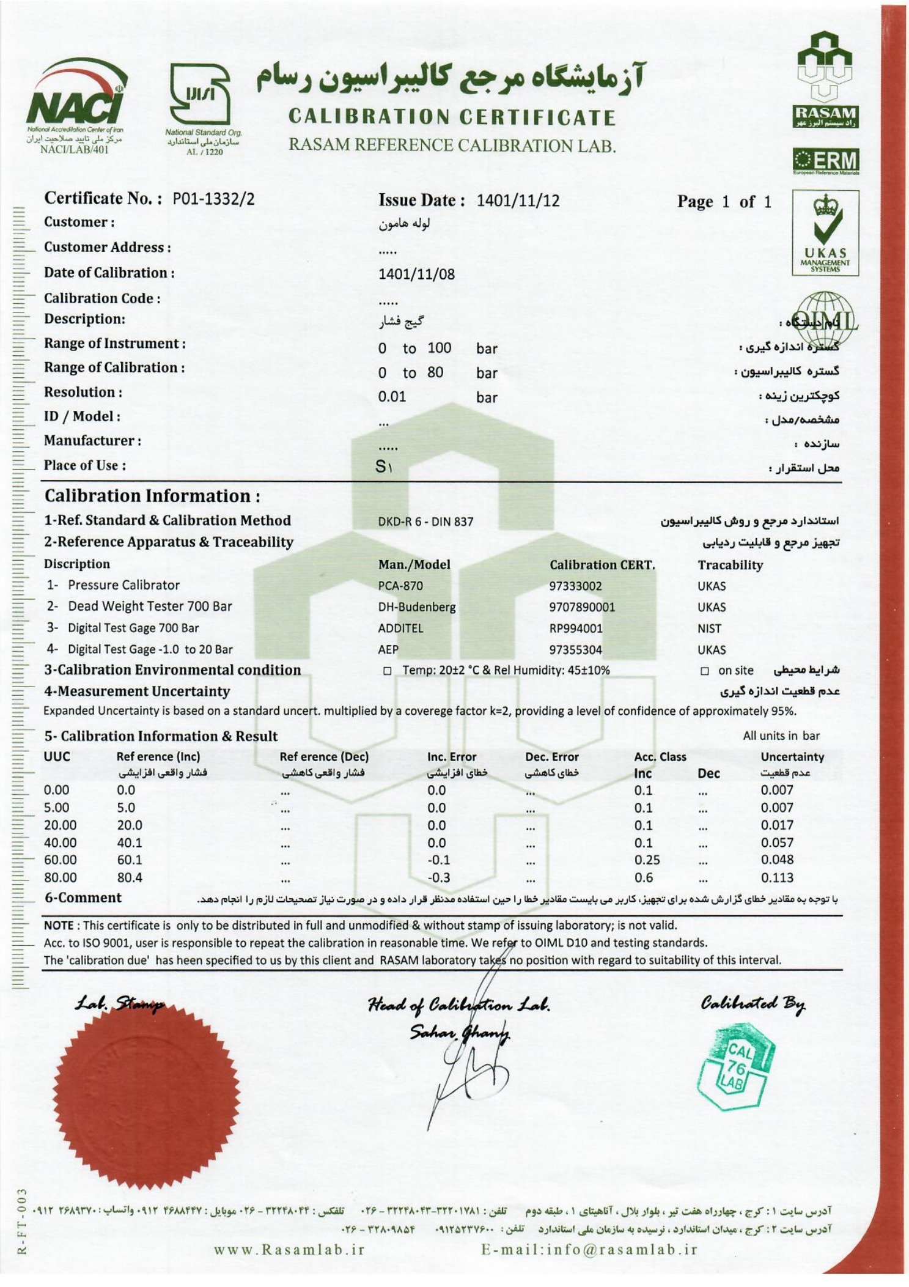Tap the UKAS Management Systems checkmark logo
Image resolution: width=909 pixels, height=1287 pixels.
[825, 232]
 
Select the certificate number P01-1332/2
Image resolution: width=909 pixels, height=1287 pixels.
[213, 199]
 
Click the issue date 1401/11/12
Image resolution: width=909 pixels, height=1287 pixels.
[518, 201]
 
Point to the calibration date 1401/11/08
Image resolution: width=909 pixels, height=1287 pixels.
[416, 274]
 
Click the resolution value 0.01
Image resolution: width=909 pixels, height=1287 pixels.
[392, 397]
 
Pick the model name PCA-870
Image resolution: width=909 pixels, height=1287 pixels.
[400, 586]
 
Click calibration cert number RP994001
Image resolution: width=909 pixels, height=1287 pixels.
[575, 629]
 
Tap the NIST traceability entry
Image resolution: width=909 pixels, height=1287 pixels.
[709, 629]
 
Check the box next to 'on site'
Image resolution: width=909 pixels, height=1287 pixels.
[704, 671]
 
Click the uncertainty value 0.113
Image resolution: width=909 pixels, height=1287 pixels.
[777, 878]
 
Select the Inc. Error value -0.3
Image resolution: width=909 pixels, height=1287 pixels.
[438, 878]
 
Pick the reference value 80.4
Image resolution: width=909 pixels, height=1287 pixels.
[130, 878]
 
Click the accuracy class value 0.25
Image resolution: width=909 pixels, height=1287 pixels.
[647, 860]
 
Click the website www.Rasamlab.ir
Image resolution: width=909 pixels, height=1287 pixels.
[289, 1249]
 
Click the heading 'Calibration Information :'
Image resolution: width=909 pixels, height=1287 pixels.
[152, 496]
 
